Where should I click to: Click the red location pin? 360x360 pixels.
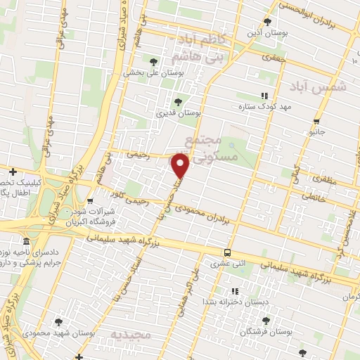tap(181, 166)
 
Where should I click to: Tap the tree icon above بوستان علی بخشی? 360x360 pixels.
tap(154, 62)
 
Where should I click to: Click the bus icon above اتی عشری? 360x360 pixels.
tap(226, 253)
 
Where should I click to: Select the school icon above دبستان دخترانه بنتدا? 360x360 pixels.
tap(235, 290)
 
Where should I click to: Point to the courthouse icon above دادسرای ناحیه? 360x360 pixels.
tap(27, 241)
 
